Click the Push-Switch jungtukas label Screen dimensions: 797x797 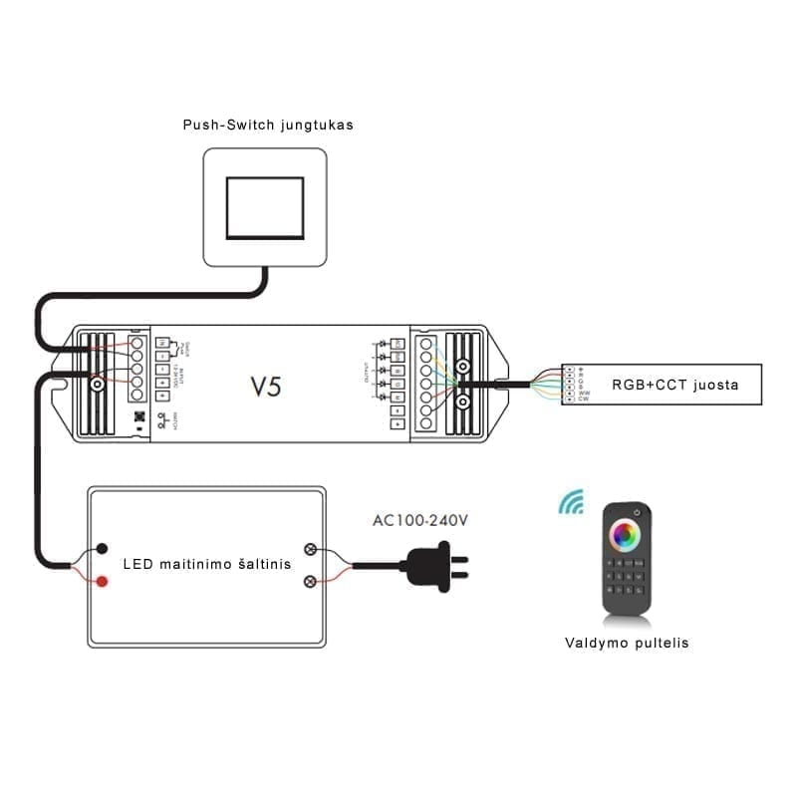pyautogui.click(x=268, y=126)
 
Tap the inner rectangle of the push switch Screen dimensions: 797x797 pyautogui.click(x=265, y=208)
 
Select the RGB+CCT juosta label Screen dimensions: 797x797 pyautogui.click(x=675, y=385)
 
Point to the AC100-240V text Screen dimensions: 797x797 pyautogui.click(x=419, y=519)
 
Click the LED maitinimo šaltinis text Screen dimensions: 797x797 pyautogui.click(x=207, y=564)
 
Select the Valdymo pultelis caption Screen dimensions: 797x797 pyautogui.click(x=627, y=643)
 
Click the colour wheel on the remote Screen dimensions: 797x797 pyautogui.click(x=626, y=532)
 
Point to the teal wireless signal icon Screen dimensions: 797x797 pyautogui.click(x=571, y=503)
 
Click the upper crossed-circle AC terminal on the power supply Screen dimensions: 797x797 pyautogui.click(x=310, y=549)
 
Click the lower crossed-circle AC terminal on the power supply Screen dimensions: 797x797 pyautogui.click(x=310, y=580)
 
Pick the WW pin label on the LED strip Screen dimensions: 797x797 pyautogui.click(x=584, y=393)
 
